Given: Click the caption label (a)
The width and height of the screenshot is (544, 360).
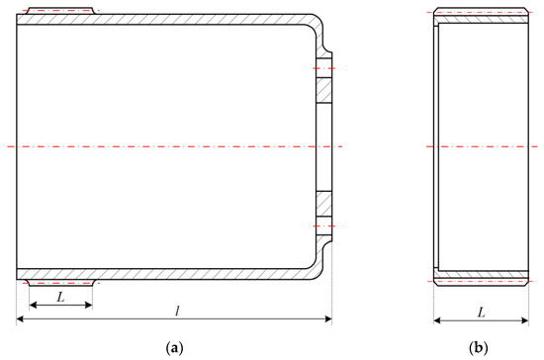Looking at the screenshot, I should tap(174, 348).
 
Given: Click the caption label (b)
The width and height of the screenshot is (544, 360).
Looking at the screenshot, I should tap(480, 348).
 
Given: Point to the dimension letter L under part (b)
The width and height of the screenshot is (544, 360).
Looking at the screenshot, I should tap(481, 312).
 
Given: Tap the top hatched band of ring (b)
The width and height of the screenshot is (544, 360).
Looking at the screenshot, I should tap(480, 17).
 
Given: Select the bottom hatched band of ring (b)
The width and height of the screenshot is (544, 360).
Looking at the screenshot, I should tap(480, 275).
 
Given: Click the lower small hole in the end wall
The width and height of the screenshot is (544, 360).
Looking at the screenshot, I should tap(323, 225).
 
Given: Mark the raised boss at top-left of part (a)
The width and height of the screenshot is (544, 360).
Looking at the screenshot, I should tap(59, 11).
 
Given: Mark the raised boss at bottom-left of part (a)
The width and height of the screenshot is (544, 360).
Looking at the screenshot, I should tap(59, 283).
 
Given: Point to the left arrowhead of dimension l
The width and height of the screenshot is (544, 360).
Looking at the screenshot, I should tap(20, 319).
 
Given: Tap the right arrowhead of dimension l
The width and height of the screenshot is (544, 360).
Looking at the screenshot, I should tap(328, 319).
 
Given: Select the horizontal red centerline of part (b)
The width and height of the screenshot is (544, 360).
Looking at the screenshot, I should tap(480, 146).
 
